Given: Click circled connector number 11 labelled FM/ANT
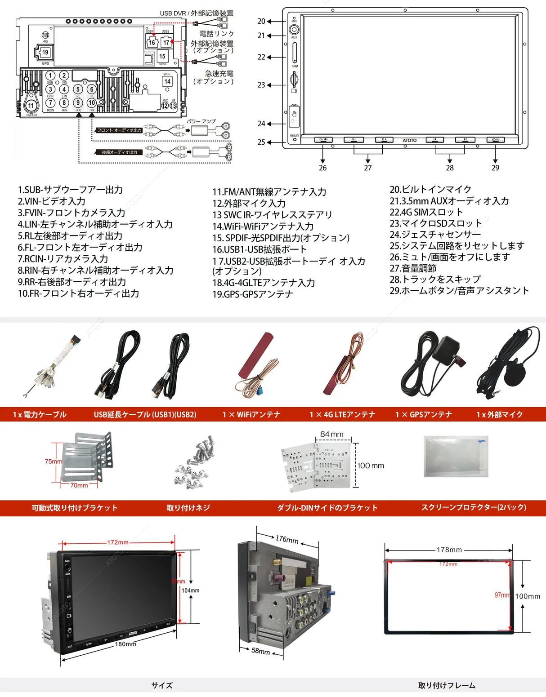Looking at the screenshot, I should point(31,106).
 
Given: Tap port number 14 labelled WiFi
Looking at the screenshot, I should point(167,81).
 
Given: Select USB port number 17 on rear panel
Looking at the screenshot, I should point(166,43).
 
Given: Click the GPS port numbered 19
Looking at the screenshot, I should point(45,52).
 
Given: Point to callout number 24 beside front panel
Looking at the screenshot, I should point(261,124).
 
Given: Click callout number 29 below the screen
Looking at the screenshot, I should point(495,168).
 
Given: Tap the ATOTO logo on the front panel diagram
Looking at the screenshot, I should point(409,141).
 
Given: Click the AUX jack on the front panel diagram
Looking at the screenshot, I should point(294,30).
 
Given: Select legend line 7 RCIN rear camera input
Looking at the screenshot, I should point(63,259).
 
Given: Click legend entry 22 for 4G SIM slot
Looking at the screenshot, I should point(426,212).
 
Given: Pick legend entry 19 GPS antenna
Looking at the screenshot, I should point(253,294).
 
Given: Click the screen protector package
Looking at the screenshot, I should point(456,456).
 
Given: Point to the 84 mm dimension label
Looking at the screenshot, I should point(331,434).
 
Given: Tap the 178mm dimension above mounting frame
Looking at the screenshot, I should point(449,550).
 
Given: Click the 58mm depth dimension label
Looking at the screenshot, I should point(260,651).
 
